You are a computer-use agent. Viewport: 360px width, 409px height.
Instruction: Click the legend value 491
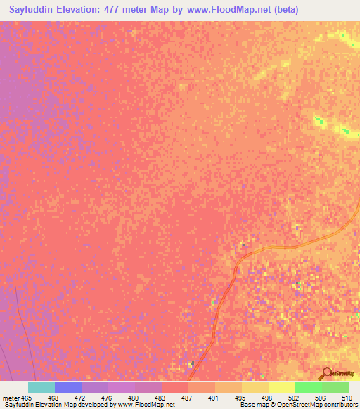click(213, 398)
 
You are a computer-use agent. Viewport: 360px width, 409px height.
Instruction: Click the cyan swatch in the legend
click(41, 387)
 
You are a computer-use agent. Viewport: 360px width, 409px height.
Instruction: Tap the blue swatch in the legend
click(68, 387)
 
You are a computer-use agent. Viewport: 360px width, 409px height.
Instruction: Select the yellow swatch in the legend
click(282, 387)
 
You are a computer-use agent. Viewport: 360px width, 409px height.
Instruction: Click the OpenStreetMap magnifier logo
click(326, 374)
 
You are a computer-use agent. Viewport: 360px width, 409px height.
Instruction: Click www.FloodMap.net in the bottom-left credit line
click(146, 405)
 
